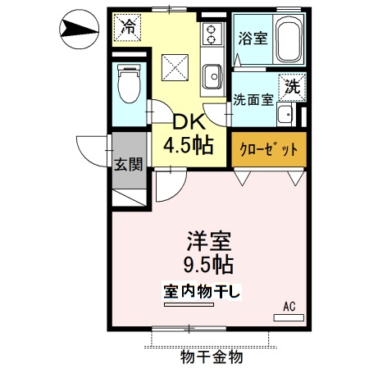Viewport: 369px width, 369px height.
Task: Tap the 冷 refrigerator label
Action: (x=128, y=26)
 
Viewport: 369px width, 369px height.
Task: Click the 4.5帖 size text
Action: (x=189, y=146)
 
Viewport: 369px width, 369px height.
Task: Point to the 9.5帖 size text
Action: (x=210, y=265)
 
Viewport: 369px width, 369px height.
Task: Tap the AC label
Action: (x=289, y=307)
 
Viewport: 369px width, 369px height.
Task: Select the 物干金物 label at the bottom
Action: (x=211, y=358)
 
